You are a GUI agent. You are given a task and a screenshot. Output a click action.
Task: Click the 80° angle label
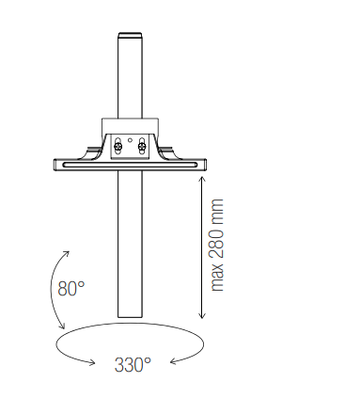[x=71, y=289]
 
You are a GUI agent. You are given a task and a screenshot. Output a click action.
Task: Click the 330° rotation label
[x=133, y=365]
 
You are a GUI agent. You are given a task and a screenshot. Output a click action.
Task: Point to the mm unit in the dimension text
[x=217, y=210]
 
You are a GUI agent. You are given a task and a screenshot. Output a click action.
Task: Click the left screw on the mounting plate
[x=117, y=146]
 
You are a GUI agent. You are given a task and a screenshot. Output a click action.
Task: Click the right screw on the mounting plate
[x=142, y=146]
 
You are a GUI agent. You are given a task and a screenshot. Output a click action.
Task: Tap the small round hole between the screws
[x=130, y=140]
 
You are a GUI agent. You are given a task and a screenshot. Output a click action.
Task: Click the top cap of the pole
[x=130, y=35]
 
